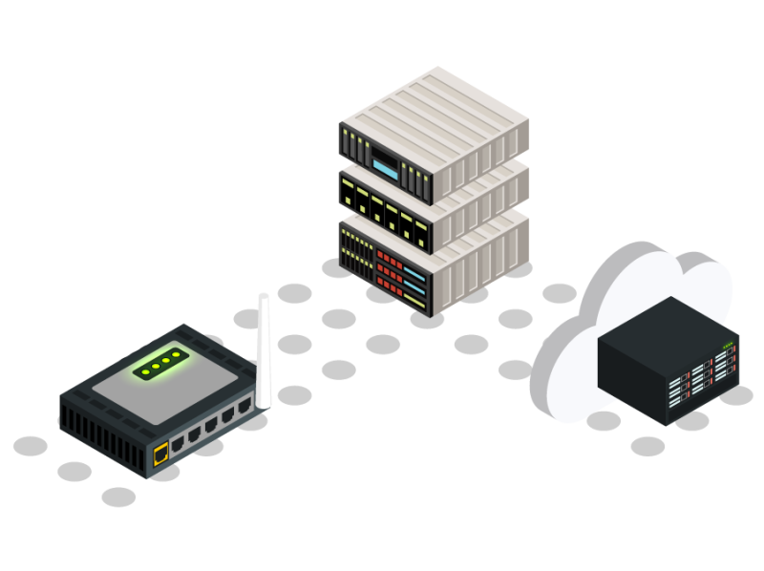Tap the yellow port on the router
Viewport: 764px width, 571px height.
click(x=161, y=453)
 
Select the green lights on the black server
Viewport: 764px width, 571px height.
click(x=729, y=346)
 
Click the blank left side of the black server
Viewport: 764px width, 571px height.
click(x=630, y=382)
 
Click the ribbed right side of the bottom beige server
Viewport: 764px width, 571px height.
click(x=483, y=263)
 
